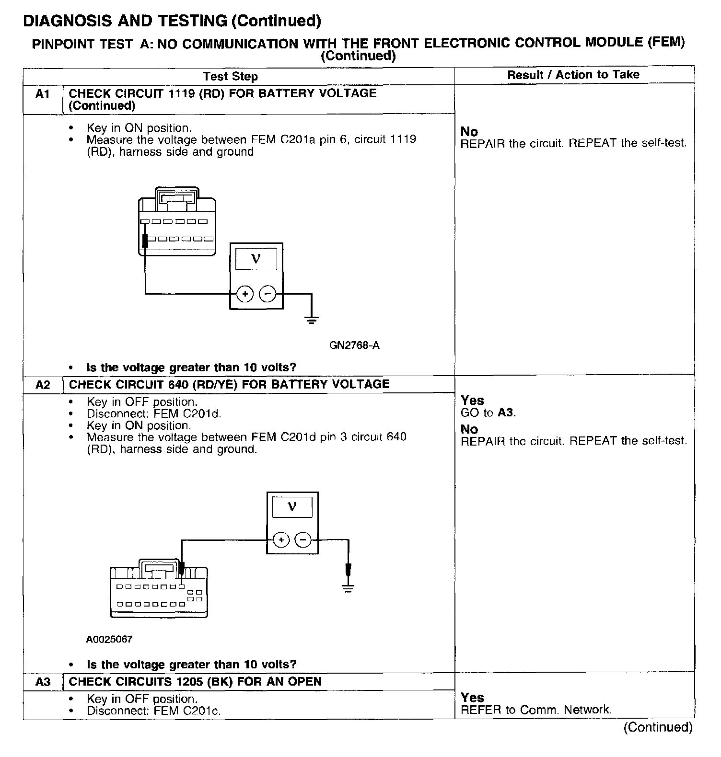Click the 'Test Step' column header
point(230,76)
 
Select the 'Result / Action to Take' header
point(573,75)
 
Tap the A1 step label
point(43,94)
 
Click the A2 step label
point(43,385)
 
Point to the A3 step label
point(43,682)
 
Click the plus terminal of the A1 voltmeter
point(245,293)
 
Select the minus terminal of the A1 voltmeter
point(267,293)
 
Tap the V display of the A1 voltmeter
point(256,259)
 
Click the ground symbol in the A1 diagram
point(312,320)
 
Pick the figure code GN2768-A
point(354,345)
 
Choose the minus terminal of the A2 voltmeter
point(303,540)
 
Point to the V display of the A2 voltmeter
point(292,506)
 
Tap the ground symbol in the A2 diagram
point(349,588)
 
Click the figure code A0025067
point(109,639)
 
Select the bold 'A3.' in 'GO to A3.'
point(507,413)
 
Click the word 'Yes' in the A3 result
point(472,698)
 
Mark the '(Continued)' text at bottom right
point(658,727)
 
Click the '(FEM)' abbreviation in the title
point(666,42)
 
